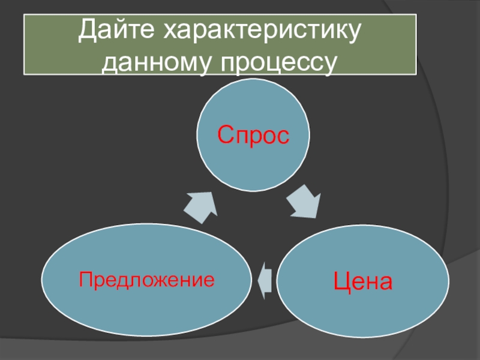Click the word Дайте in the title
[114, 31]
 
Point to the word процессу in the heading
[280, 61]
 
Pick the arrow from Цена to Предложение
[265, 280]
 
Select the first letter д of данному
[112, 62]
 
